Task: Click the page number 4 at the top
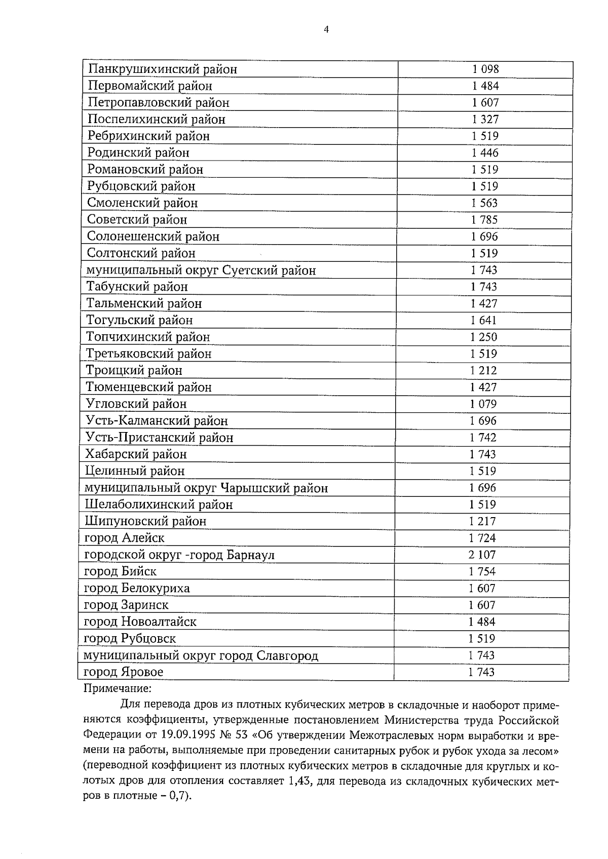pos(326,30)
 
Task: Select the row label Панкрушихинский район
pos(163,69)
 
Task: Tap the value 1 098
pos(485,69)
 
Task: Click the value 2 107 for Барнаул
pos(482,555)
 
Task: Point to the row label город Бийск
pos(120,572)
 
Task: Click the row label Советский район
pos(137,220)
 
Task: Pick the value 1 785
pos(484,220)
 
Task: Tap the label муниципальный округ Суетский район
pos(201,270)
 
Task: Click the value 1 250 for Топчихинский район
pos(483,337)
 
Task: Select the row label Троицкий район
pos(134,371)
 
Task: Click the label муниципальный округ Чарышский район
pos(206,488)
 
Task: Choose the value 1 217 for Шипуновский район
pos(482,521)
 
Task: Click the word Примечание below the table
pos(117,689)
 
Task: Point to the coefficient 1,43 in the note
pos(297,780)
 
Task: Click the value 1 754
pos(482,571)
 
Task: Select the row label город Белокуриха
pos(137,589)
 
